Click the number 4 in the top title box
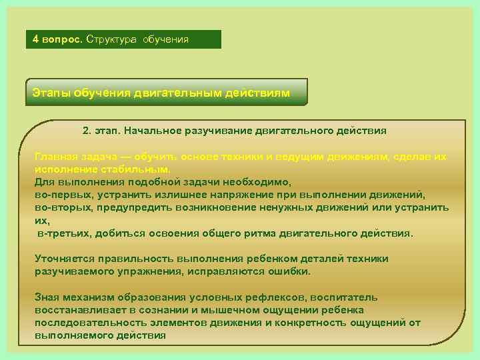pyautogui.click(x=36, y=39)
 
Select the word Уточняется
pyautogui.click(x=65, y=259)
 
